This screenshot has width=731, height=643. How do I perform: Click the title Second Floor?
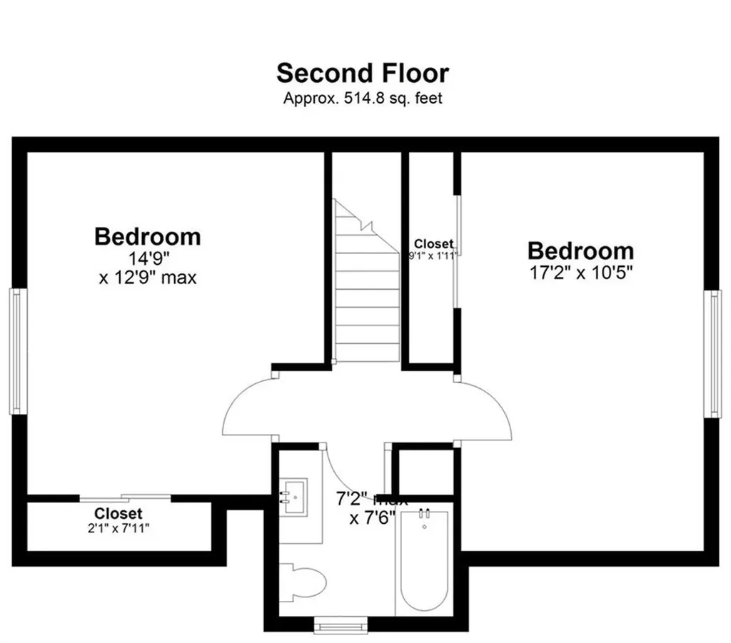[363, 73]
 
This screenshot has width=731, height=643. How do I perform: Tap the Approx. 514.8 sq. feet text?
[363, 98]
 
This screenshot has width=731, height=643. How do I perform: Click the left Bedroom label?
[147, 236]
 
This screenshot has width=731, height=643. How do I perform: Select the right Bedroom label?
[580, 250]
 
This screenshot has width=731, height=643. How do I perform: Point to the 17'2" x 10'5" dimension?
[580, 272]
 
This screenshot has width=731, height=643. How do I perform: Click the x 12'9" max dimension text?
[147, 277]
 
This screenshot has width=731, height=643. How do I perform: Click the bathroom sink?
[292, 492]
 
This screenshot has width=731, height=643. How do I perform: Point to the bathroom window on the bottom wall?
[341, 625]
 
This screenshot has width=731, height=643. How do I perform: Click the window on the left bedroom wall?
[17, 350]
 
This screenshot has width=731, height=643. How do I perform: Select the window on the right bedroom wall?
[712, 353]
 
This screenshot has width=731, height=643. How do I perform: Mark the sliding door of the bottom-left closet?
[125, 497]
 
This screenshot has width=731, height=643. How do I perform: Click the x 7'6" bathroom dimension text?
[372, 518]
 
